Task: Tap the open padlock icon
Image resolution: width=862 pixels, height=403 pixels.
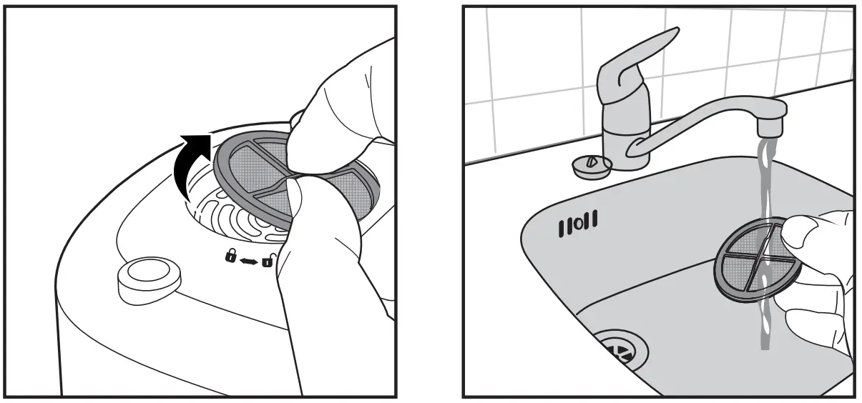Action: point(267,260)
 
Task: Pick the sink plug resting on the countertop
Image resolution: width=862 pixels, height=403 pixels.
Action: point(591,166)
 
